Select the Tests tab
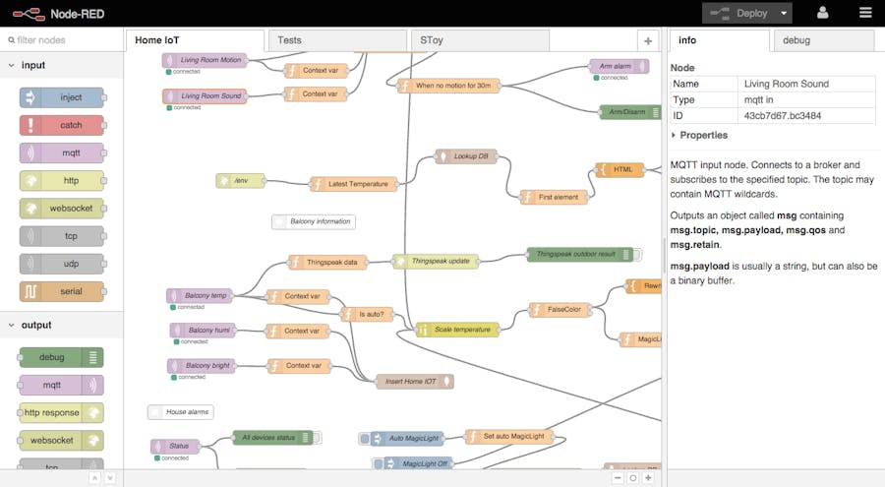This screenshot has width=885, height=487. (337, 40)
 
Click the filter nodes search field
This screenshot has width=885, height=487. (64, 40)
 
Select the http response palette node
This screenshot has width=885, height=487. (61, 412)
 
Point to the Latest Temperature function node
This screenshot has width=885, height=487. (355, 184)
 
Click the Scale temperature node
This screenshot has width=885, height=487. (457, 330)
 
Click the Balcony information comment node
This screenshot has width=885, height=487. (314, 221)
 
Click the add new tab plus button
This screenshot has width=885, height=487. (647, 40)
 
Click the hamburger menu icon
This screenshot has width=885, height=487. (865, 13)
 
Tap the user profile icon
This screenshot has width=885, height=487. (823, 13)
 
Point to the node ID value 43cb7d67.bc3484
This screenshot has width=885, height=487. (783, 116)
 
